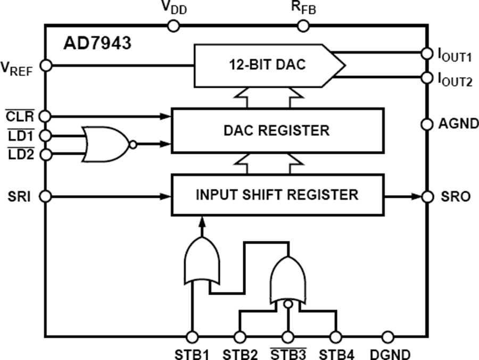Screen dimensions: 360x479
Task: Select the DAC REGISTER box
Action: pos(277,130)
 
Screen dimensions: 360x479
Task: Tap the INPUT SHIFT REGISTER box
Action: pos(277,195)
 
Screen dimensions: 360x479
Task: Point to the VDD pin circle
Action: pos(173,25)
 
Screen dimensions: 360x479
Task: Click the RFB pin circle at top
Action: pos(302,25)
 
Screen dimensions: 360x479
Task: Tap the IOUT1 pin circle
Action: pos(426,53)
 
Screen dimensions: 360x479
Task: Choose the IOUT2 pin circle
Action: pos(426,78)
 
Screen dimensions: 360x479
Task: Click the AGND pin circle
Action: pos(426,124)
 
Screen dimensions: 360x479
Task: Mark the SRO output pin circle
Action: pos(426,197)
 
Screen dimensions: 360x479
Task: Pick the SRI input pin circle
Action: pos(46,197)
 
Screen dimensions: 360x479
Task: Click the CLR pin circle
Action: pos(46,115)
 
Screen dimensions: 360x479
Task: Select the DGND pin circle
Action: pos(388,337)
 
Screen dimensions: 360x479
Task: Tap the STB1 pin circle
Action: pos(192,337)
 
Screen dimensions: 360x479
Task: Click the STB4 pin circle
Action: pos(335,337)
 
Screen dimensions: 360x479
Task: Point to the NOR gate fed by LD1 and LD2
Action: pos(106,144)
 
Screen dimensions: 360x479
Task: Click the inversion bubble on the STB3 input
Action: pos(288,305)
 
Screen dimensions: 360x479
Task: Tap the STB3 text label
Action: pos(287,354)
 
